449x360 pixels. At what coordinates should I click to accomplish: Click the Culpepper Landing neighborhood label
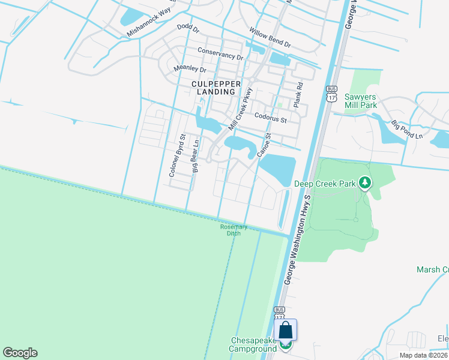[213, 88]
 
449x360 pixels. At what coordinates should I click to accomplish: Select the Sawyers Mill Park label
[361, 101]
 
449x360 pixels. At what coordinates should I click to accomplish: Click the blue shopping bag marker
[285, 331]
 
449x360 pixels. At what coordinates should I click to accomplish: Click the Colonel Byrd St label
[175, 155]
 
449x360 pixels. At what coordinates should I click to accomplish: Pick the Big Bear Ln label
[195, 155]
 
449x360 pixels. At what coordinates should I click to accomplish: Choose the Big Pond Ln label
[406, 130]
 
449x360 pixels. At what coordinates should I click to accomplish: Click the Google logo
[20, 353]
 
